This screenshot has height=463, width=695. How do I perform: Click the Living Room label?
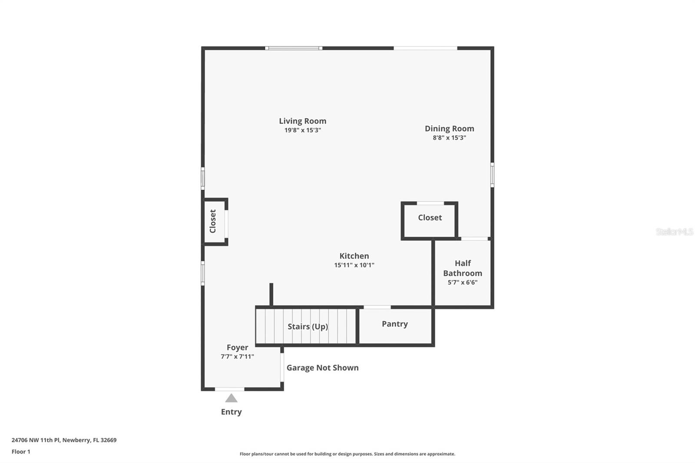(302, 121)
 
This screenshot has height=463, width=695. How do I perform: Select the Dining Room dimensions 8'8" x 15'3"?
(449, 138)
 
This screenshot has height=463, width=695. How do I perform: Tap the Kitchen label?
(354, 256)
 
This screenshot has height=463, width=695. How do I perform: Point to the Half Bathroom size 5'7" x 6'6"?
(463, 282)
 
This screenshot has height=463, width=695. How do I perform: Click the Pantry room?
(395, 324)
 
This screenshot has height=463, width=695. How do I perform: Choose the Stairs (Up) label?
(308, 327)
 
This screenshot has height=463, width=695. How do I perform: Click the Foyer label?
(237, 347)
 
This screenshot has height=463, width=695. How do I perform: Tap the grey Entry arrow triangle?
(231, 398)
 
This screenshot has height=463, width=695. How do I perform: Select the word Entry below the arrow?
(231, 412)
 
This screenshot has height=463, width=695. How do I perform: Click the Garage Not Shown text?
(322, 368)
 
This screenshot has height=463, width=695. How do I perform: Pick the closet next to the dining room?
(430, 218)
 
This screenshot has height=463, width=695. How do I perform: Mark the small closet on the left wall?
(213, 222)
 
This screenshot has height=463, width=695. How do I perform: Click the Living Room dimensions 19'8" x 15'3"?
(302, 130)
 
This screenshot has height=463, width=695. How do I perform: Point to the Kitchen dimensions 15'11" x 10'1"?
(354, 265)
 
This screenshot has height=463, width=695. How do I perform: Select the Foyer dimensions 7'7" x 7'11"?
(237, 357)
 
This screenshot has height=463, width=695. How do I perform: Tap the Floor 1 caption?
(21, 452)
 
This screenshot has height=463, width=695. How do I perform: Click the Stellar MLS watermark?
(674, 231)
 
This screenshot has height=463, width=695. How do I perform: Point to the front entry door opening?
(230, 389)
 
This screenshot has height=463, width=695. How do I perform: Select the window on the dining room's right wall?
(492, 175)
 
